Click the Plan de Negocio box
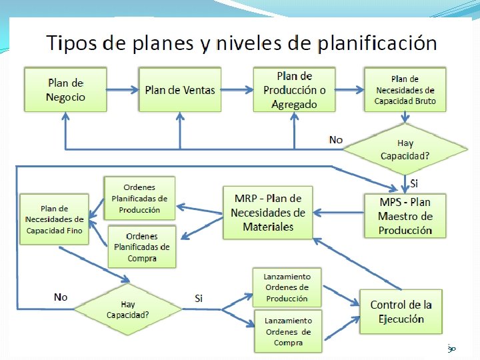[66, 89]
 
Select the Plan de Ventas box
[180, 89]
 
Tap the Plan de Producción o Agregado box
[294, 89]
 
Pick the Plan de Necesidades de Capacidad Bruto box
[405, 89]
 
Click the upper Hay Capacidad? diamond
[405, 149]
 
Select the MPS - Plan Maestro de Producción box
[405, 216]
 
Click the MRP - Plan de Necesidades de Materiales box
[268, 213]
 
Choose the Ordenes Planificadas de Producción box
[139, 198]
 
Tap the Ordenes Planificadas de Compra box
[141, 247]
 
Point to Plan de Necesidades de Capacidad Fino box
[54, 219]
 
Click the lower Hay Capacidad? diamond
[128, 309]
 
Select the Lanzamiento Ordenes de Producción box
[287, 287]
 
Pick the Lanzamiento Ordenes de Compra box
[287, 331]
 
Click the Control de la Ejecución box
[401, 311]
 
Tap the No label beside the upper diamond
[336, 139]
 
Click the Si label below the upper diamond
[414, 183]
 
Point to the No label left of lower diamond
[61, 297]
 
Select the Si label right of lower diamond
[199, 298]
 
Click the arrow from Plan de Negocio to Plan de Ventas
[121, 89]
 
